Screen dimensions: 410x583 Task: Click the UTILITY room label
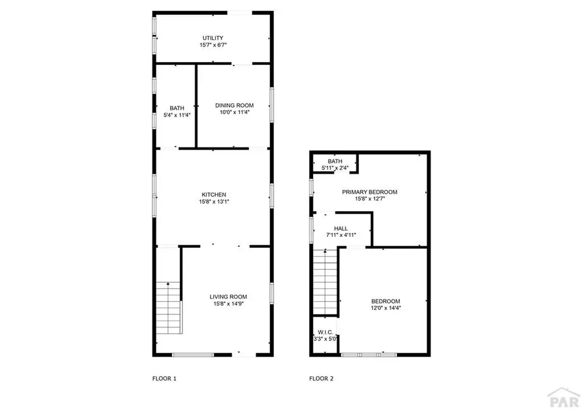212,38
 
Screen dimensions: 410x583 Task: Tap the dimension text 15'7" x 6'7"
212,45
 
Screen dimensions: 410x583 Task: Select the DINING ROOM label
234,105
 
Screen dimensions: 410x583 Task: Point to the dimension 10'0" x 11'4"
234,112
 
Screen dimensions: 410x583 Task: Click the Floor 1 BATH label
177,108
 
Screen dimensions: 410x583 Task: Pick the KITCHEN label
214,194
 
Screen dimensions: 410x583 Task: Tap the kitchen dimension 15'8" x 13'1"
214,201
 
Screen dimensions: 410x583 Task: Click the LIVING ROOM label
228,297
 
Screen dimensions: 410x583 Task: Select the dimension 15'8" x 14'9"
228,304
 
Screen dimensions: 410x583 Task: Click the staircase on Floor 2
326,282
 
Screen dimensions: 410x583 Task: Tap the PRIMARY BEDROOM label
369,192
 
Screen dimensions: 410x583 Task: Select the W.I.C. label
326,332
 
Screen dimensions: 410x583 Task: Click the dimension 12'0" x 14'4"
385,308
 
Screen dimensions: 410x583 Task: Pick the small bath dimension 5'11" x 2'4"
334,167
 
